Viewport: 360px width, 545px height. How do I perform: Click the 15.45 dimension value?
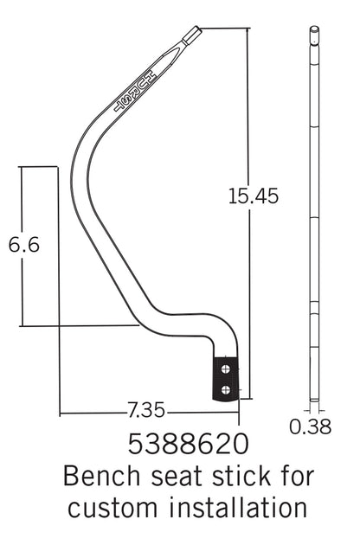253,196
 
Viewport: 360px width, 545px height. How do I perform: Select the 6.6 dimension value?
24,245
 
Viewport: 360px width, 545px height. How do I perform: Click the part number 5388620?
188,444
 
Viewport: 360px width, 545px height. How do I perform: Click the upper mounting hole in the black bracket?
226,369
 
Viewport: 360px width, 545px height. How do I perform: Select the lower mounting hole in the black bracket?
226,389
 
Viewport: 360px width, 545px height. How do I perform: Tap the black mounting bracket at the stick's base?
225,379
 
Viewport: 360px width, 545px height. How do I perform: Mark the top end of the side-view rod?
314,30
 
